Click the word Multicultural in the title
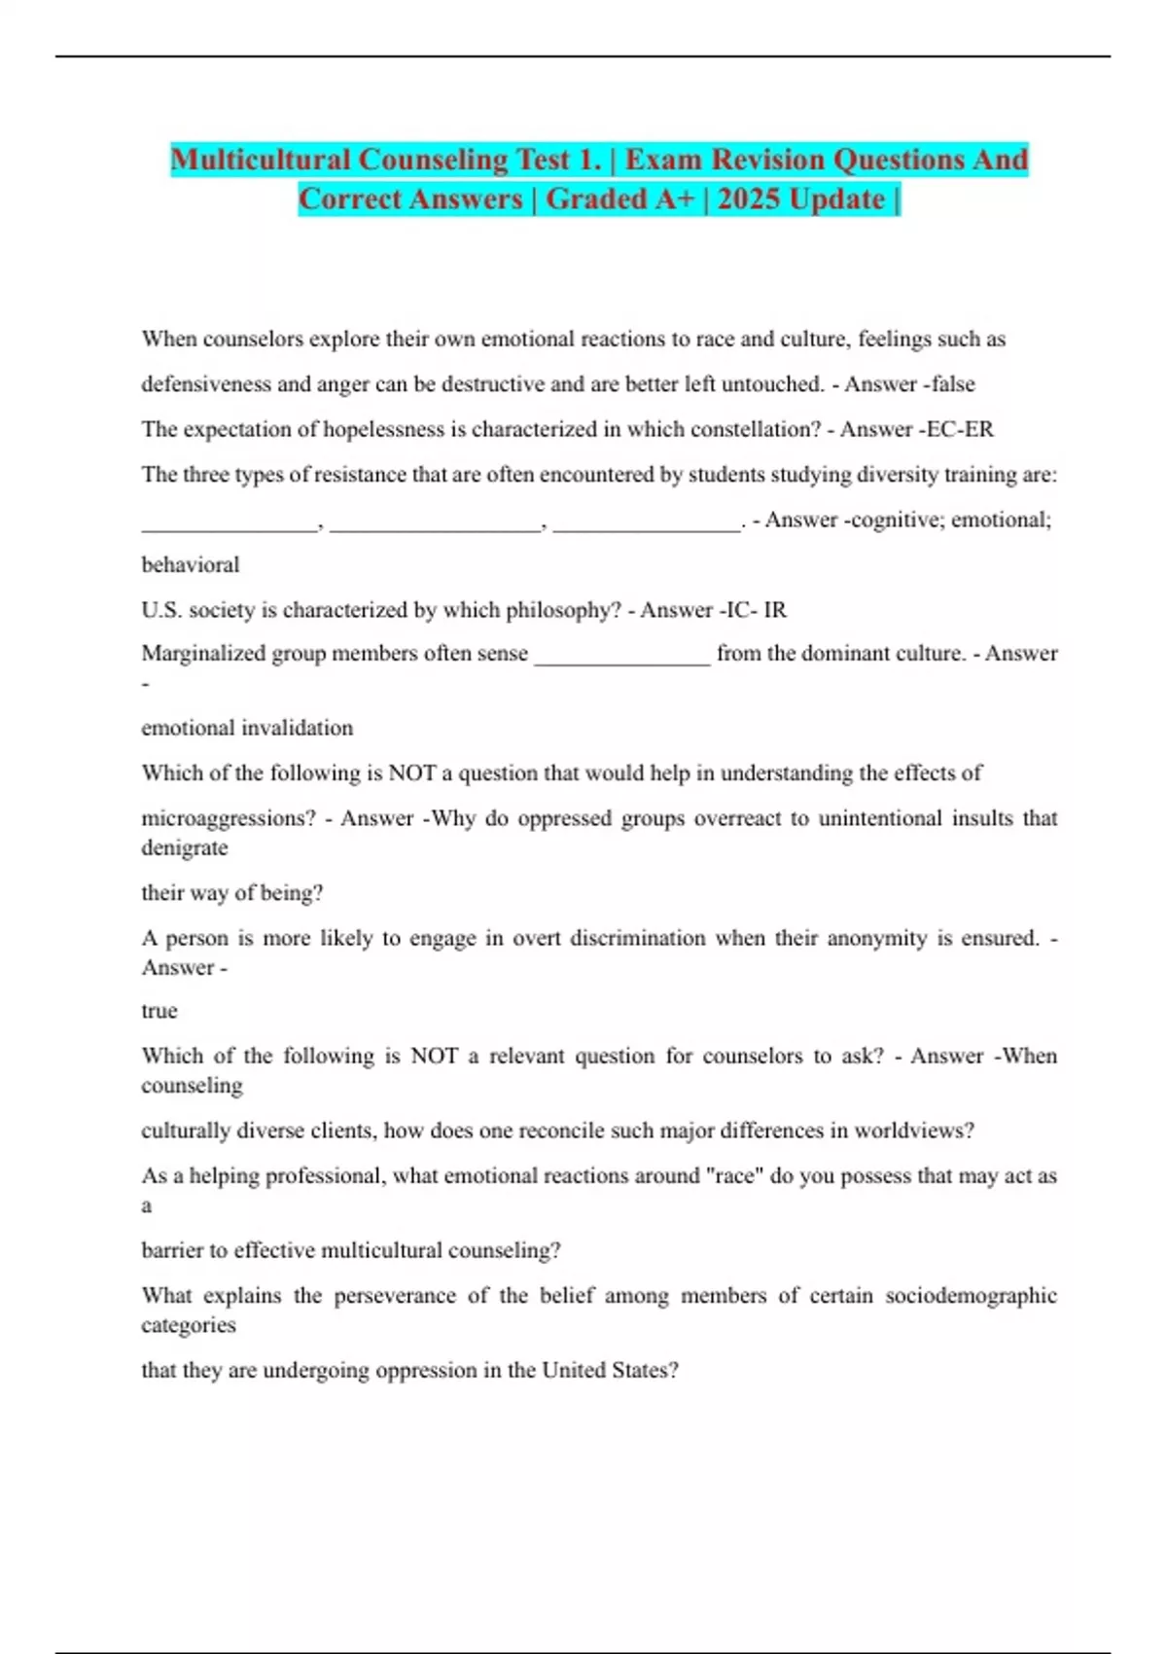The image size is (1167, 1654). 260,160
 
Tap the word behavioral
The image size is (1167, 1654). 191,564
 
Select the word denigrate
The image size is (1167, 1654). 185,847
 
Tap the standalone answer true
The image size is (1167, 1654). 159,1011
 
